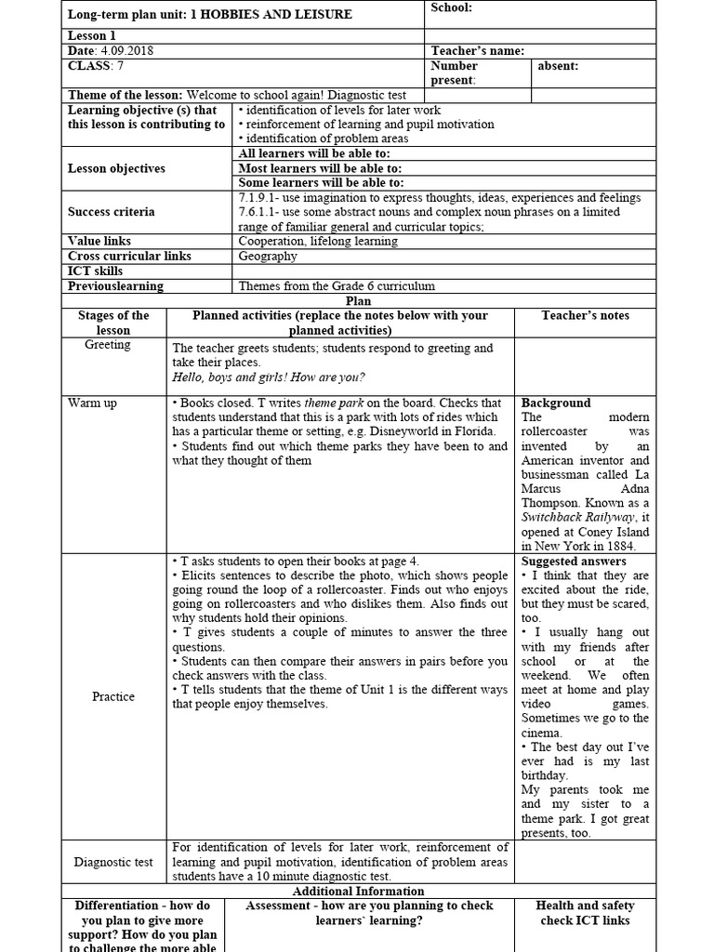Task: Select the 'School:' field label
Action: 451,8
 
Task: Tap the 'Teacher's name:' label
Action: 478,51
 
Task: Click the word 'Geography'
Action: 268,256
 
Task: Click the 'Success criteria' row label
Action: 111,212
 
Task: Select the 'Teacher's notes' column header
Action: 585,316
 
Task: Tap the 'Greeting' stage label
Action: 108,345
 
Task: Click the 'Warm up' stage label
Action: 92,403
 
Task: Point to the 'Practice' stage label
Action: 113,696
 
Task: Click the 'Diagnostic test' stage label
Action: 113,862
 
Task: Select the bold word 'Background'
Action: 555,403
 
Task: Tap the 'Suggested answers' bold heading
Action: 573,562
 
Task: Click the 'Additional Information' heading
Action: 358,891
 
